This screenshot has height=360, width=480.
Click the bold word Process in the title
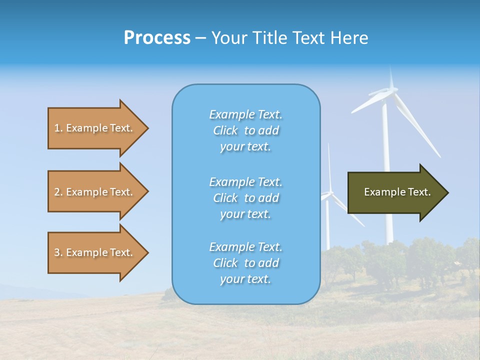coord(157,38)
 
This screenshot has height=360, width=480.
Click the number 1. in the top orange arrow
coord(58,128)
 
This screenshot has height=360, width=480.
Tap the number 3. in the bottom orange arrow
coord(58,252)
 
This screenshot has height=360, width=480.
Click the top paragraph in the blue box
coord(245,130)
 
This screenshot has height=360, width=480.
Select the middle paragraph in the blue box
coord(245,197)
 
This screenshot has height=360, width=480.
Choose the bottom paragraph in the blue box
coord(245,262)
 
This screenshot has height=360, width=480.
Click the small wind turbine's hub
coord(329,192)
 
